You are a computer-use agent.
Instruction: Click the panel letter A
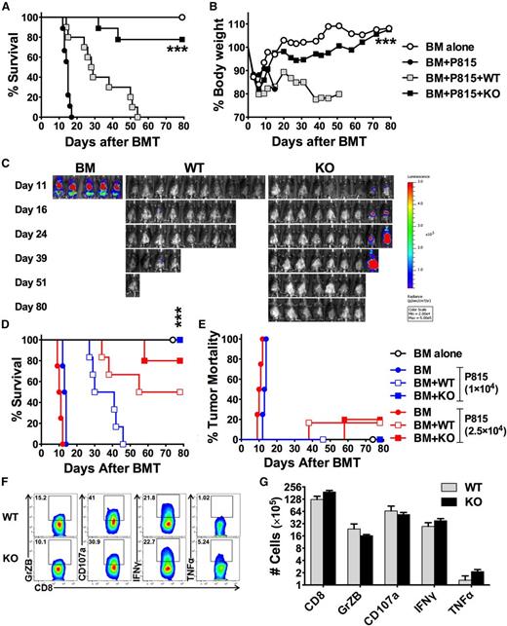(x=8, y=9)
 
